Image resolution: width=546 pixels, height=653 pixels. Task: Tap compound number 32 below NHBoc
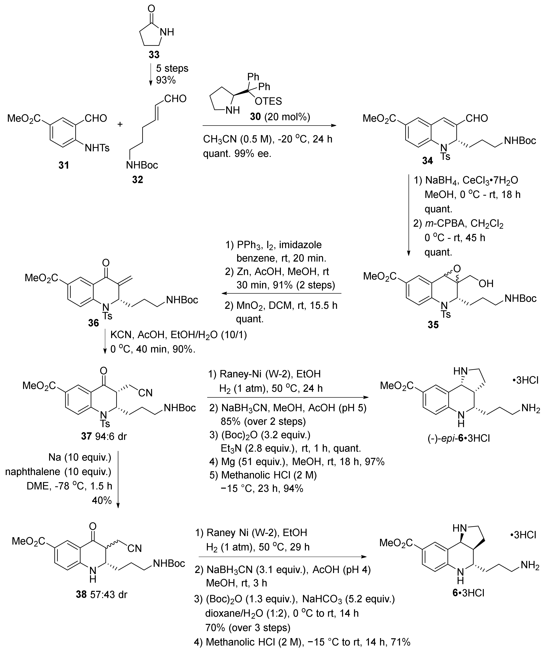(x=137, y=179)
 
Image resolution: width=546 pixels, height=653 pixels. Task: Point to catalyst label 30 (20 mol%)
(x=280, y=117)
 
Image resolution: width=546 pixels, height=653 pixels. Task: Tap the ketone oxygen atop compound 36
(x=106, y=263)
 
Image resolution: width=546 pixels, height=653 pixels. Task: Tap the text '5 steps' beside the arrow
(x=172, y=68)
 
